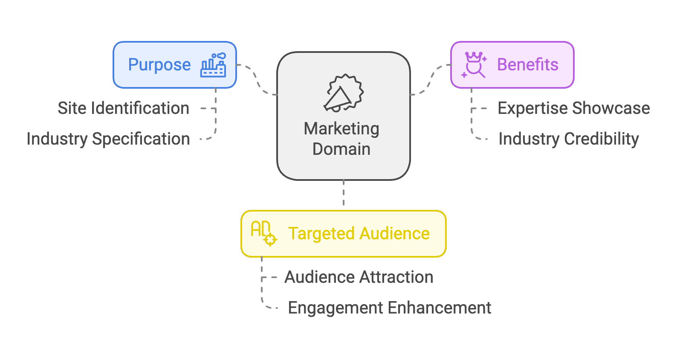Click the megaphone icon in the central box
pos(343,93)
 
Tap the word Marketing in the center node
pos(341,129)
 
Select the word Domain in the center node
pos(341,149)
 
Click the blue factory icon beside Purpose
pos(213,65)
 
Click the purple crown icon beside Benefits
pos(474,65)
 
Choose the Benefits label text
pos(527,65)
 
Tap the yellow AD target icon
pos(263,233)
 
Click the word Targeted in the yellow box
pos(321,234)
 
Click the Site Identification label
pos(123,108)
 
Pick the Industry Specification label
pos(108,139)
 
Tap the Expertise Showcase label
pos(573,108)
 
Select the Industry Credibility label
pos(568,139)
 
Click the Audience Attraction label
pos(359,277)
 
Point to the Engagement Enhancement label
pos(389,308)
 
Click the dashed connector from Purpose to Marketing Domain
pos(257,79)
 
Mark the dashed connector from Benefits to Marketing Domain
pos(430,79)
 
